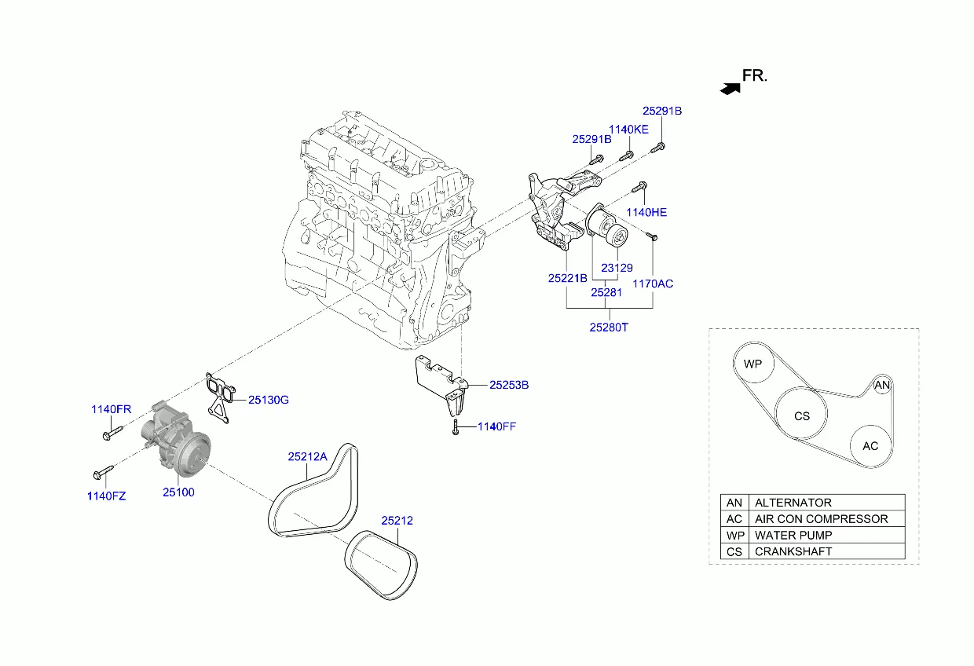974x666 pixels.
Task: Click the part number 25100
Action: pos(178,492)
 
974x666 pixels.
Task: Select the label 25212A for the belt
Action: pos(307,456)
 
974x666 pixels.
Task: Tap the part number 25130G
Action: pos(269,400)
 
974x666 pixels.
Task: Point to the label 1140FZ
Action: pos(106,496)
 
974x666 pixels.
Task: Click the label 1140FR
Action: pos(111,409)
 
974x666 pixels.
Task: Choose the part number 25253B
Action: pos(509,385)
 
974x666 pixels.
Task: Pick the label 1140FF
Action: pos(496,426)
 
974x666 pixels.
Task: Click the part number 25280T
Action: pos(609,327)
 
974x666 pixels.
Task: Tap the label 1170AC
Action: pos(654,284)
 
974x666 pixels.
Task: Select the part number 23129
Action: pos(617,267)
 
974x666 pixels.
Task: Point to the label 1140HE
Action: pos(646,212)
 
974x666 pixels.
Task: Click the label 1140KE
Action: pos(629,129)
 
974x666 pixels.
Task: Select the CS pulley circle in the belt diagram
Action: pos(801,415)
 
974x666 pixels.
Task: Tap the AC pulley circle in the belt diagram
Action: pos(870,446)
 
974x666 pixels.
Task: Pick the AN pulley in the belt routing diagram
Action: pos(883,385)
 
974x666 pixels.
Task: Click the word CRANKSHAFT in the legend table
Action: pos(793,551)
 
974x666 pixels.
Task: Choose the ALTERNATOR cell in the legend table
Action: pos(793,503)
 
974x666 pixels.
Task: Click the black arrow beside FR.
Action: pos(730,89)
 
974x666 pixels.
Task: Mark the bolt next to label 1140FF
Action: pos(455,428)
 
